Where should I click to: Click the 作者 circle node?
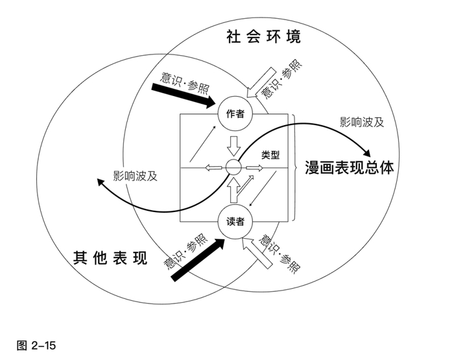pos(235,114)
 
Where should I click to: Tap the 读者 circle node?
pos(235,221)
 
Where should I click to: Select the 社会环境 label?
pos(263,36)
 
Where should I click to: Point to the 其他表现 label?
pos(106,259)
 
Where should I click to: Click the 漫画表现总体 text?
pos(350,168)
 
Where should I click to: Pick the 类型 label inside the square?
pos(270,155)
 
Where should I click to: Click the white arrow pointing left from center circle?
pos(214,168)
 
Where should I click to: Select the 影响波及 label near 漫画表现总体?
pos(362,121)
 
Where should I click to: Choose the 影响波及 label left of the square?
pos(135,175)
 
